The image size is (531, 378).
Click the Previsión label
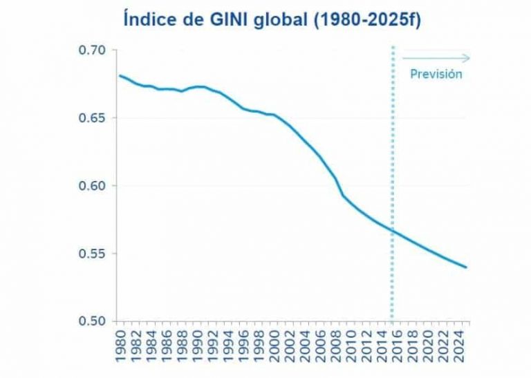tap(436, 74)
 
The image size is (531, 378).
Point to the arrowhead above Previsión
tap(468, 58)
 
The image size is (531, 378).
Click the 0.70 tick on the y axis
tap(92, 50)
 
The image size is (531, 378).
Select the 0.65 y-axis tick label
tap(92, 118)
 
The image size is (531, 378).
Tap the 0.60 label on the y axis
tap(92, 186)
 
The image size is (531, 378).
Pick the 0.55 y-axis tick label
tap(92, 254)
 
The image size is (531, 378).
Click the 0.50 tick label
tap(92, 321)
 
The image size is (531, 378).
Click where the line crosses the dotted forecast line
tap(393, 232)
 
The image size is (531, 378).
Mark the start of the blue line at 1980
tap(120, 75)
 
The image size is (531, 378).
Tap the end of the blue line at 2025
tap(467, 267)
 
